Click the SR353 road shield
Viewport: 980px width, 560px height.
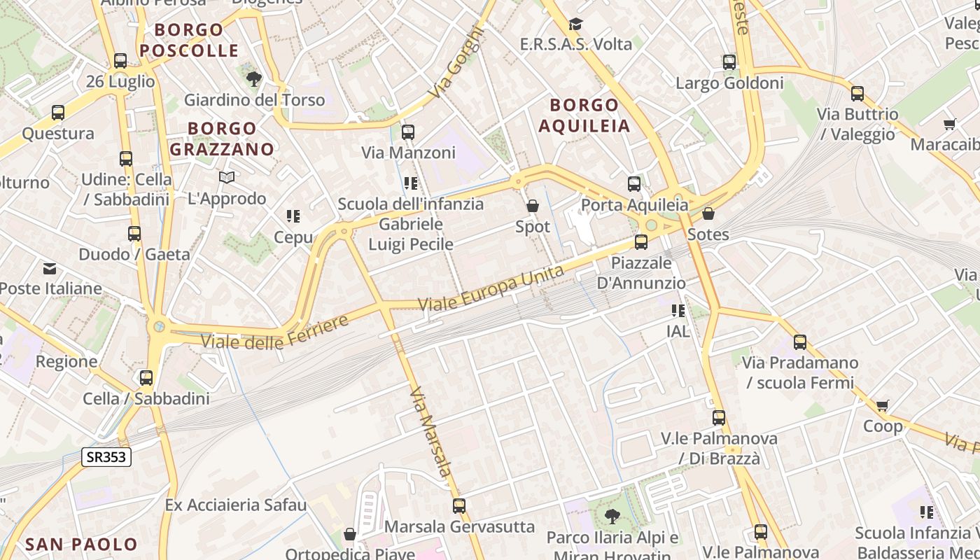(x=106, y=457)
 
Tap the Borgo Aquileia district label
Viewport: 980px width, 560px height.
(x=584, y=115)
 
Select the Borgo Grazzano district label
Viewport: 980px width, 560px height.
(x=222, y=139)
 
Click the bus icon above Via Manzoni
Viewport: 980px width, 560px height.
(x=408, y=132)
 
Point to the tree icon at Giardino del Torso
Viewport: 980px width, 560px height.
(x=253, y=78)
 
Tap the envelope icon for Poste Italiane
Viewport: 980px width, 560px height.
(x=50, y=268)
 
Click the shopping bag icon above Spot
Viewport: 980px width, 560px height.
(x=533, y=206)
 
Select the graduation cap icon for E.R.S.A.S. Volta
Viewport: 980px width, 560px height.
(x=575, y=24)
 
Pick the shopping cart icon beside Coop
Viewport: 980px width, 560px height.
(x=883, y=405)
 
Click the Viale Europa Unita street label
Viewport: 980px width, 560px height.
(x=491, y=288)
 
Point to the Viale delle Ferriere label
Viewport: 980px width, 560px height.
(x=275, y=333)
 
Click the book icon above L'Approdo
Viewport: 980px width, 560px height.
(x=227, y=178)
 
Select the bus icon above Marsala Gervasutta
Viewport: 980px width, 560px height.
(x=459, y=505)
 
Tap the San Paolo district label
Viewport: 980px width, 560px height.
(x=81, y=544)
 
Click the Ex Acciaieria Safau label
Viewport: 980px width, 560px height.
(x=236, y=505)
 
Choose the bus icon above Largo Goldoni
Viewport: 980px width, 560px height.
(x=729, y=62)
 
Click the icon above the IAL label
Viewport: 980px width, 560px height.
(x=678, y=310)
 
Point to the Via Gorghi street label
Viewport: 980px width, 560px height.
(x=457, y=62)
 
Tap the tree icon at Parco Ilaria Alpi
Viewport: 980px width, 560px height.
(x=612, y=517)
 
